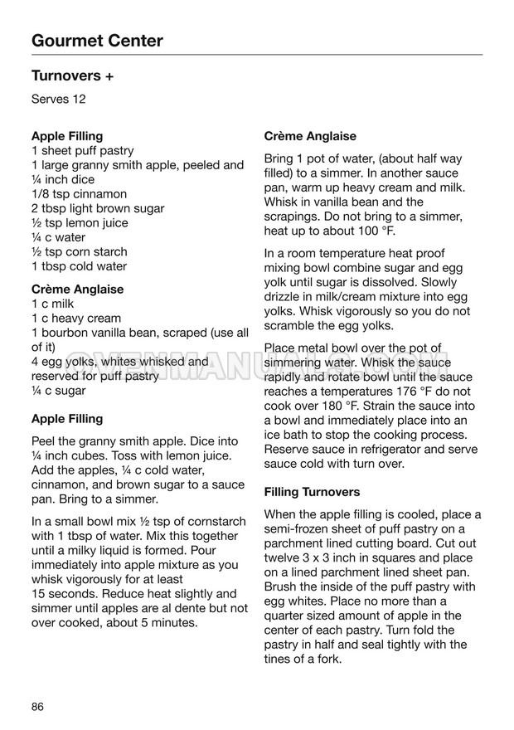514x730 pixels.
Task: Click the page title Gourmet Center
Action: click(97, 41)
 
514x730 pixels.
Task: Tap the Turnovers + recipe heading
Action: click(72, 76)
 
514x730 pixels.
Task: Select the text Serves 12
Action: click(59, 100)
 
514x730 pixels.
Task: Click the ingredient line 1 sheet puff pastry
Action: click(82, 151)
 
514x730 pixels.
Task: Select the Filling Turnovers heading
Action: click(312, 492)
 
